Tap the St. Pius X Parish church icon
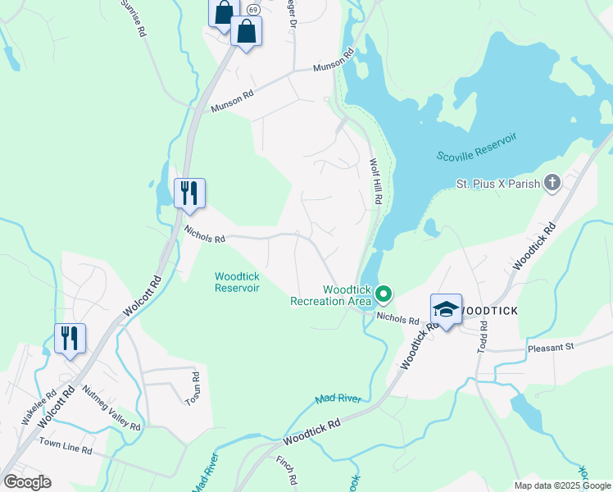[x=552, y=182]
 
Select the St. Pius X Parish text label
[x=498, y=183]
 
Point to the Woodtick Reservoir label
[x=237, y=282]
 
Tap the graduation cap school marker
[x=446, y=310]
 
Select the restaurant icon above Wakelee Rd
[x=70, y=337]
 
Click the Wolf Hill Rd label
[x=376, y=181]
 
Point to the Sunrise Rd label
[x=135, y=17]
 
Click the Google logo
[x=27, y=481]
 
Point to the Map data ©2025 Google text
[x=561, y=485]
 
